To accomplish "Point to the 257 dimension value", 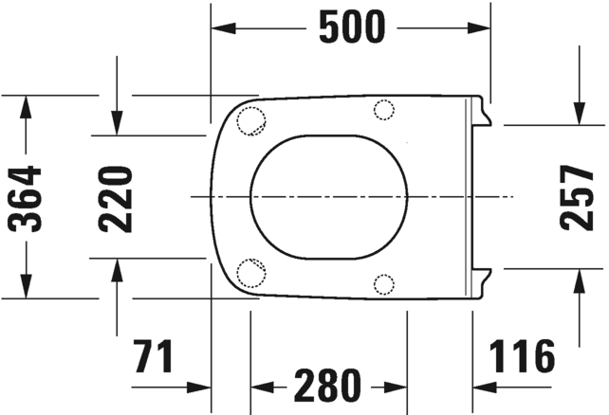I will (577, 197).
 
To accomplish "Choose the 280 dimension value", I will (327, 386).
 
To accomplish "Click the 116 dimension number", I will (522, 357).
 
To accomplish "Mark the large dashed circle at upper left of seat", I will (251, 120).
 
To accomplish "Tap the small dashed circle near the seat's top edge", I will (384, 110).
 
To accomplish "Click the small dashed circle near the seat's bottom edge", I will (384, 282).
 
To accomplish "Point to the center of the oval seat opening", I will (329, 196).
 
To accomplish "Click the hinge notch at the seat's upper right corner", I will (482, 112).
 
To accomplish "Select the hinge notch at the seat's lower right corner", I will (482, 281).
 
